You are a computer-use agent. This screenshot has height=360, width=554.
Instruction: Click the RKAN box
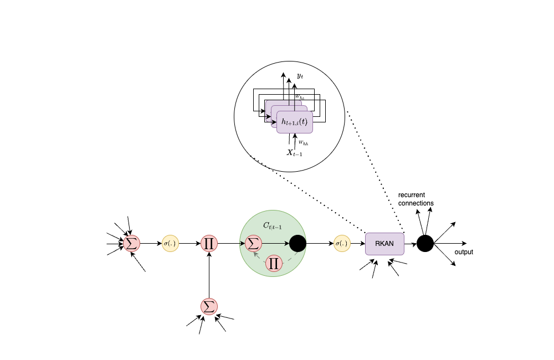384,244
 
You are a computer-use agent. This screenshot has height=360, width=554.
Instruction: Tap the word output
464,252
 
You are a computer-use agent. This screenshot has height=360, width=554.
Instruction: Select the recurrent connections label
416,199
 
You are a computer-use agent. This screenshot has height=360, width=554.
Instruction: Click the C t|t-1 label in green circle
272,225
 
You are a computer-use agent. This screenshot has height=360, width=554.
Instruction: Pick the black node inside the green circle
297,243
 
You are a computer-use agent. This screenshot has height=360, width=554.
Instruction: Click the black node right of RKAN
425,243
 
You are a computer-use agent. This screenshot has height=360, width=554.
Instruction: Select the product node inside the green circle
273,263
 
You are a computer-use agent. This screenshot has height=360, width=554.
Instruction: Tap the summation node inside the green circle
253,243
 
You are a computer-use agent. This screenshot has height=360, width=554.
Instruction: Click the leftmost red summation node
131,243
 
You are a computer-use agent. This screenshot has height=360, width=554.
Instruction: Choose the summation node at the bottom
209,306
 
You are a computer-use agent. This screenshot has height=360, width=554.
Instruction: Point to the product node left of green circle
209,243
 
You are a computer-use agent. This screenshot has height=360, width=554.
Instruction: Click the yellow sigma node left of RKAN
342,243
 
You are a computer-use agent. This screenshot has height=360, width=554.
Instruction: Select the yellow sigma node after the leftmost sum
170,243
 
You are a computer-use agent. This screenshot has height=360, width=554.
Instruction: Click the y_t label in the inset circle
300,75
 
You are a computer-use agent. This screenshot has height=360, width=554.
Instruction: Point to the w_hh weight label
302,143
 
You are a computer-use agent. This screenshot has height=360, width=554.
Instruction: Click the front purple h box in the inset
295,121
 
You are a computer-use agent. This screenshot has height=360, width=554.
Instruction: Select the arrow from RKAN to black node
410,243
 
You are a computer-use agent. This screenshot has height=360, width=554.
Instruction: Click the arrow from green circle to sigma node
320,243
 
